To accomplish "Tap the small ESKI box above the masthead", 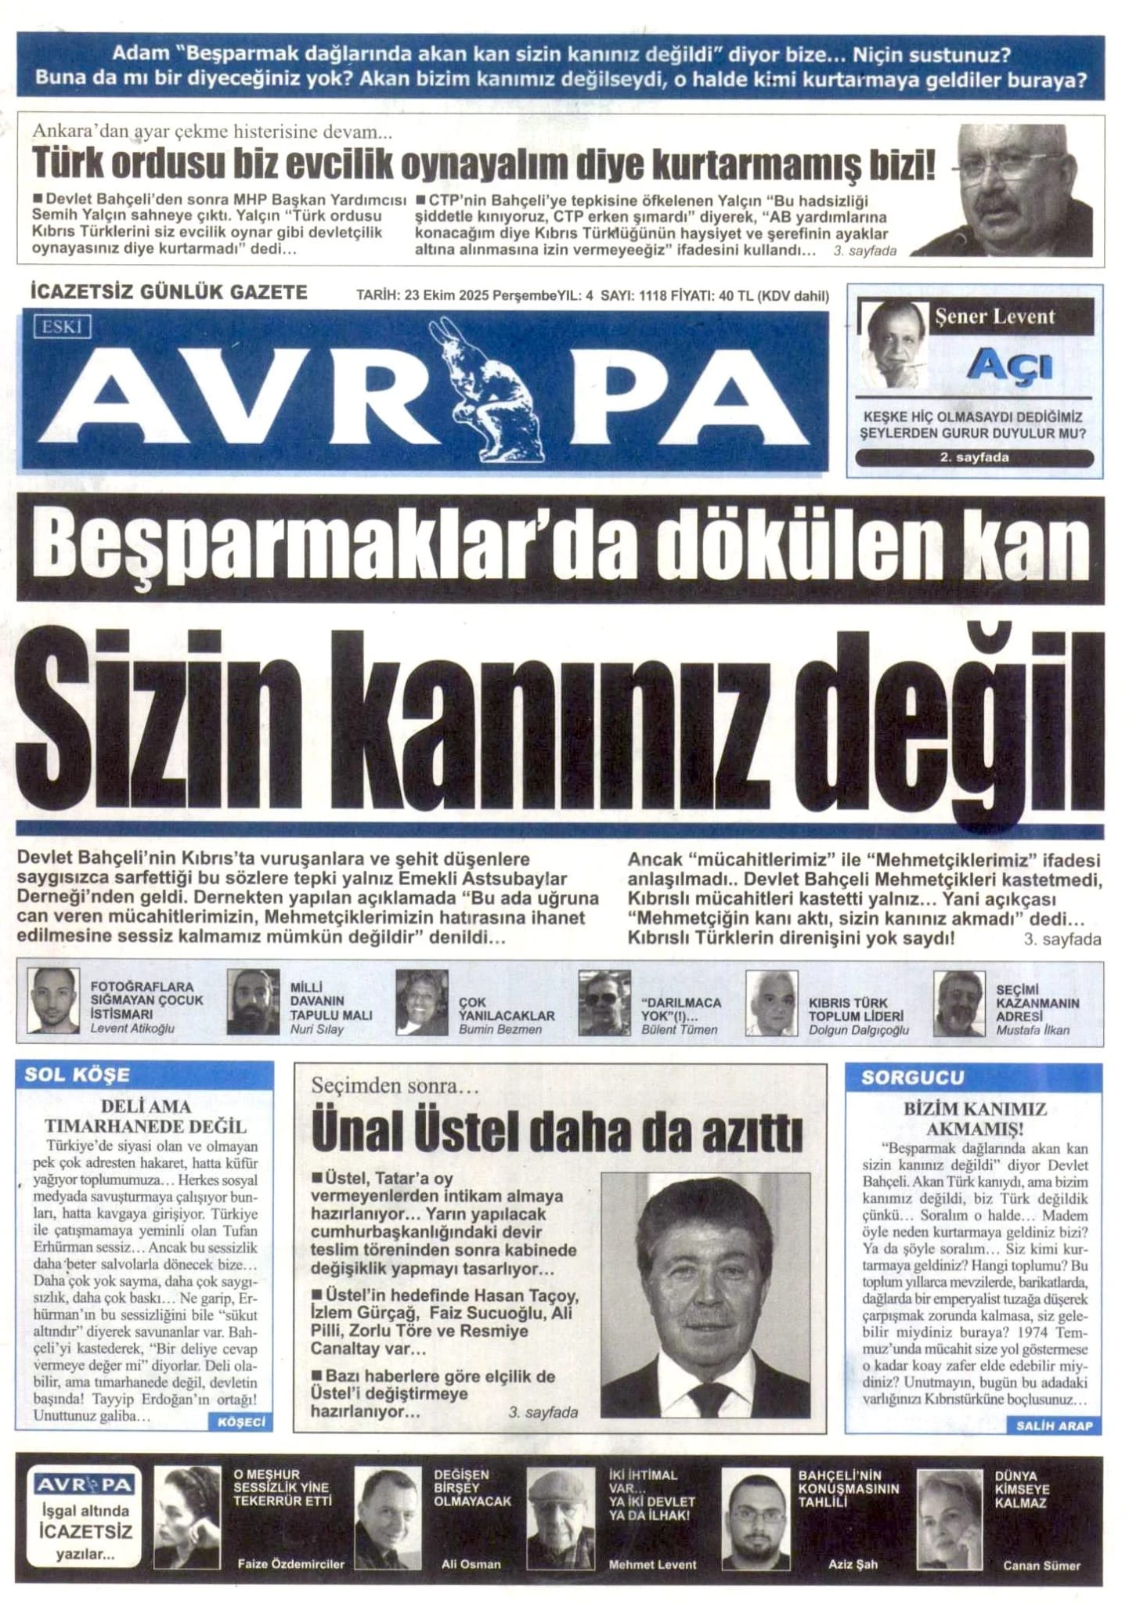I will pos(62,327).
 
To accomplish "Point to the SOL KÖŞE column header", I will pos(77,1075).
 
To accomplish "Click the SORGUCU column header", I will pos(912,1078).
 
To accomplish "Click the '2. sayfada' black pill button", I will pos(974,457).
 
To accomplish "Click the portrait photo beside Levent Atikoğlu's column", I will pos(53,1002).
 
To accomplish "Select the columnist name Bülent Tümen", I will pos(679,1030).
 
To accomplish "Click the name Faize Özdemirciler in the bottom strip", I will pos(290,1565).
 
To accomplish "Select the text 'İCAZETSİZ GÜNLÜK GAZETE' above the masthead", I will pos(168,293).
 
